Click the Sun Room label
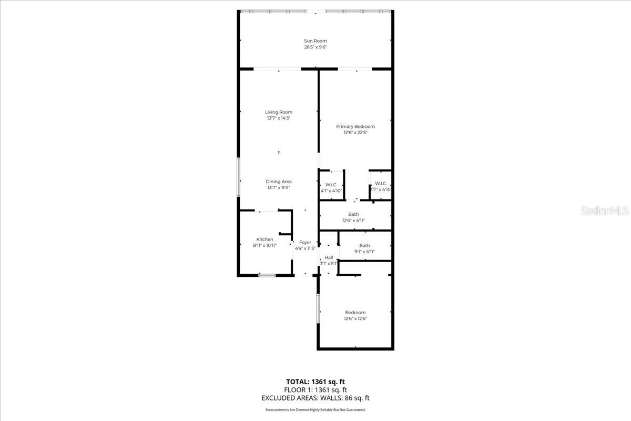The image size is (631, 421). pos(315,41)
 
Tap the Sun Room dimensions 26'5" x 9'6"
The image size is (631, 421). pos(315,47)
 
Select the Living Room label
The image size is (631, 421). pos(279,112)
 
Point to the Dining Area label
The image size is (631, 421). pos(279,182)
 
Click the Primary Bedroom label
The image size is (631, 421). pos(355,126)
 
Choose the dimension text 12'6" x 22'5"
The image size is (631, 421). pos(355,133)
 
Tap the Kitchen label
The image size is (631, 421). pos(265,239)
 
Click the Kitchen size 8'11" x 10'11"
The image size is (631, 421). pos(265,245)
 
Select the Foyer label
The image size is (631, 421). pos(305,243)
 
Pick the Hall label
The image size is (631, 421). pos(329,257)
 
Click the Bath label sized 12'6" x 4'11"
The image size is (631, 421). pos(353,214)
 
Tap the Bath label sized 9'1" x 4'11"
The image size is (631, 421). pos(364,246)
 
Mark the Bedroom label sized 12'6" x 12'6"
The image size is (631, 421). pos(355,313)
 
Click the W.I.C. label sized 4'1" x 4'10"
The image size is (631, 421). pos(331,184)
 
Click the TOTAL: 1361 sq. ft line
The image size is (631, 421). pos(315,382)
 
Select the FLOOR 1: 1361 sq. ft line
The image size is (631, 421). pos(315,390)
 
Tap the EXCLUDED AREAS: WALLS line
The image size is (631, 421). pos(315,398)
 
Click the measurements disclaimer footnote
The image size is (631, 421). pos(315,409)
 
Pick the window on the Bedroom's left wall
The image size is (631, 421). pos(318,308)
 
